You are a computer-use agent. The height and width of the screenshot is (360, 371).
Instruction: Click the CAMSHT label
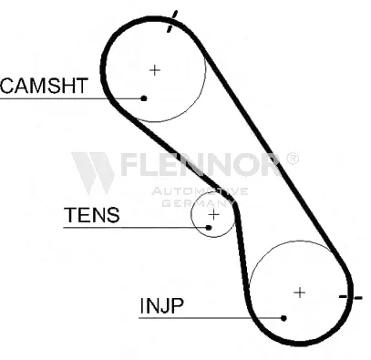click(45, 86)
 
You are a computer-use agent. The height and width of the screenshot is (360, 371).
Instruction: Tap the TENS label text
click(91, 214)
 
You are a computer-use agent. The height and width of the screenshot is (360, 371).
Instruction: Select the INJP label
click(161, 305)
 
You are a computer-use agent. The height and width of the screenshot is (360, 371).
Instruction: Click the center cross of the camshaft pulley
click(155, 70)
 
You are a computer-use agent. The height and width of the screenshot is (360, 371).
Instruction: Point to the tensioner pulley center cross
click(214, 215)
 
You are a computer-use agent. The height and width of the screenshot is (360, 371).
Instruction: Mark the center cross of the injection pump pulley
click(300, 293)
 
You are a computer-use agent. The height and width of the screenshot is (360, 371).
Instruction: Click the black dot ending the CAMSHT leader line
click(144, 98)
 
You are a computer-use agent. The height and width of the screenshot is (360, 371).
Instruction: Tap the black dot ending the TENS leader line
click(209, 227)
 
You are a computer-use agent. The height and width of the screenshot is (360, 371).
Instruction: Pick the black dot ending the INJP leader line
click(283, 318)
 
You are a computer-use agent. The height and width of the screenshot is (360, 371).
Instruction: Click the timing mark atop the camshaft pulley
click(172, 21)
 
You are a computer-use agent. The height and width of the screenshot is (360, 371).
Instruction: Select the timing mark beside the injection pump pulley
click(351, 297)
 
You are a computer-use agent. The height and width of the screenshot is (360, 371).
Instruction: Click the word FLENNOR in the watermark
click(200, 164)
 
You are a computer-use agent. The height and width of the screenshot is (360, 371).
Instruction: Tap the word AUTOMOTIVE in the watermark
click(200, 191)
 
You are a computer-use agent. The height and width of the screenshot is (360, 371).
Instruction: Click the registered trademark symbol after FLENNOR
click(292, 159)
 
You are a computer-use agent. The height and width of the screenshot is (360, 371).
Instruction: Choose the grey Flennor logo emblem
click(93, 173)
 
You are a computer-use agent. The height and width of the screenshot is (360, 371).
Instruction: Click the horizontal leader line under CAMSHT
click(72, 98)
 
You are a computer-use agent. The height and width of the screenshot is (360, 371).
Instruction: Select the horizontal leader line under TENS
click(136, 227)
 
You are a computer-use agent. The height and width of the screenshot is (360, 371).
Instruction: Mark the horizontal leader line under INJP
click(211, 318)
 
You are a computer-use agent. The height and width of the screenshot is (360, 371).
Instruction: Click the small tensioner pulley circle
click(191, 215)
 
